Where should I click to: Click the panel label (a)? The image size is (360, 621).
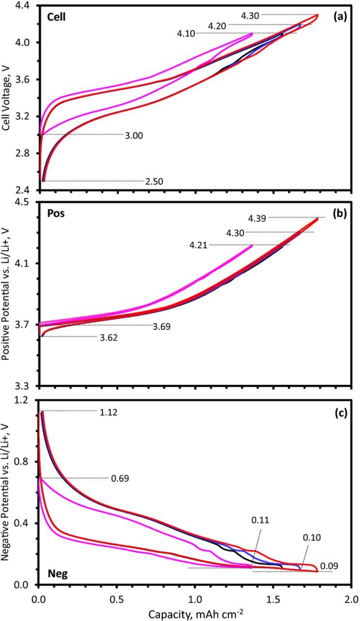click(340, 16)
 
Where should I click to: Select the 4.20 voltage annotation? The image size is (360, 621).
click(217, 25)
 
